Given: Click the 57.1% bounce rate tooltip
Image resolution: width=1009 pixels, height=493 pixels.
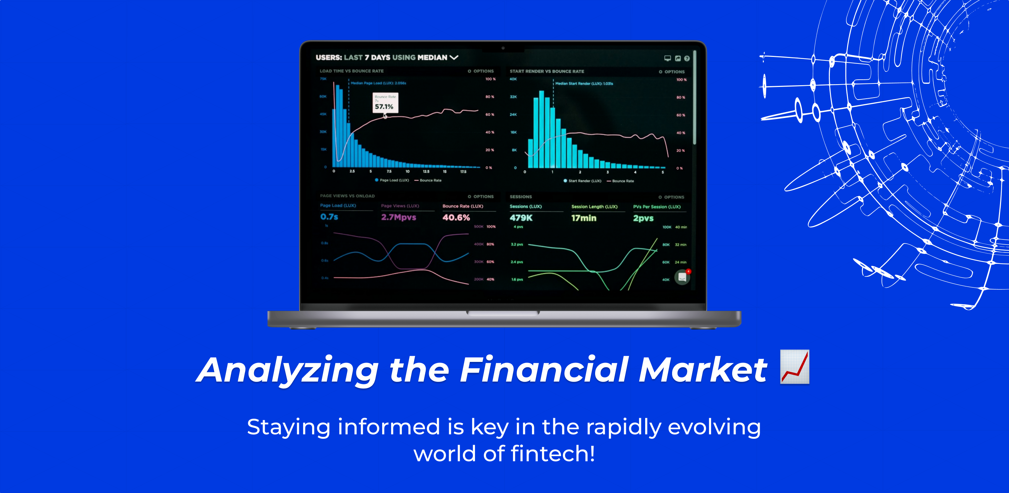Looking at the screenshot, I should click(x=385, y=102).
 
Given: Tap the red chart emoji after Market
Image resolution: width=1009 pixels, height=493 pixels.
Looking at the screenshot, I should click(x=794, y=367).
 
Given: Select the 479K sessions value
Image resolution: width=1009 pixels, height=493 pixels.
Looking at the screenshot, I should click(x=521, y=218).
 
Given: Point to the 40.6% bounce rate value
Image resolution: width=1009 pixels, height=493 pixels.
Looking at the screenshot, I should click(x=456, y=218).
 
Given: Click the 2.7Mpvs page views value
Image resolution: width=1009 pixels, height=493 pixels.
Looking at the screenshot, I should click(x=398, y=217).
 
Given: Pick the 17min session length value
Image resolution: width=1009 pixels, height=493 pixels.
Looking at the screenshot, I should click(x=584, y=218).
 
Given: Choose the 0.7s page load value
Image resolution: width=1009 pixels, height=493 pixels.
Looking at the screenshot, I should click(x=329, y=217).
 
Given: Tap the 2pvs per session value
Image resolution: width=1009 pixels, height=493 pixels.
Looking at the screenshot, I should click(x=643, y=218).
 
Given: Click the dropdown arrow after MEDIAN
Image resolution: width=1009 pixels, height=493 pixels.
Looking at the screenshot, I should click(x=454, y=58).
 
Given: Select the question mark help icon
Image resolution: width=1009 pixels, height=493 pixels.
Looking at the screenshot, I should click(x=687, y=59).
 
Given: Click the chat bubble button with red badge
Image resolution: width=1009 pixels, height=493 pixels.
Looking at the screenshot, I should click(x=682, y=277).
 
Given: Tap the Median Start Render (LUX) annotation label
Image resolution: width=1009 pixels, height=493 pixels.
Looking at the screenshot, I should click(x=584, y=83).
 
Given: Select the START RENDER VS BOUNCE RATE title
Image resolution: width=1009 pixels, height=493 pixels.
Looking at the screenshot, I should click(x=546, y=72).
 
